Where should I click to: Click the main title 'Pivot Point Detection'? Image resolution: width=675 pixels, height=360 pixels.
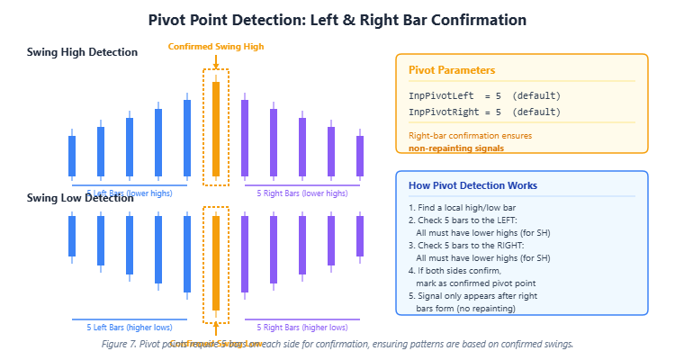[x=337, y=19]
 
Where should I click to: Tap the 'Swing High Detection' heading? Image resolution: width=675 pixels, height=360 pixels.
[x=82, y=52]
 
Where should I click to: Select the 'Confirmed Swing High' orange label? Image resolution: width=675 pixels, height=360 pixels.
[x=216, y=47]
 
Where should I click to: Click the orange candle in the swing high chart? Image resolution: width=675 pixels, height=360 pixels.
[x=216, y=129]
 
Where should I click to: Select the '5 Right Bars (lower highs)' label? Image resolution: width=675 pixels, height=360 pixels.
[x=302, y=193]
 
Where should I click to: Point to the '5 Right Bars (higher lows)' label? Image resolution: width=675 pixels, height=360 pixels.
[x=302, y=327]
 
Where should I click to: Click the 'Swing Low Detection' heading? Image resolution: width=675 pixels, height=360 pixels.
[x=80, y=198]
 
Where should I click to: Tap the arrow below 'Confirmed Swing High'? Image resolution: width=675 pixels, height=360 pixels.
[x=216, y=60]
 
